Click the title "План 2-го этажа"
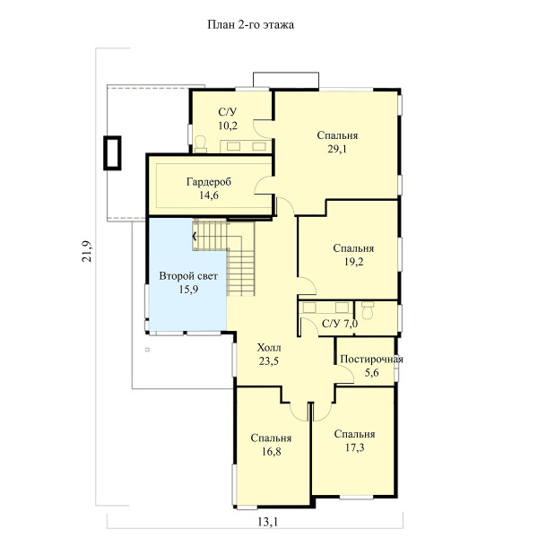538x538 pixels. click(x=250, y=25)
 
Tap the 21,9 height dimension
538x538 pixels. click(x=87, y=251)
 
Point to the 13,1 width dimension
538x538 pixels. click(x=268, y=522)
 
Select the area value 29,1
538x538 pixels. click(x=337, y=149)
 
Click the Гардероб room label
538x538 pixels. click(x=209, y=182)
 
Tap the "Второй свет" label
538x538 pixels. click(x=188, y=276)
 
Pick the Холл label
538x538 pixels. click(x=269, y=348)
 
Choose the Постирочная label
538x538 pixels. click(x=371, y=360)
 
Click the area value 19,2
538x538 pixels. click(x=354, y=262)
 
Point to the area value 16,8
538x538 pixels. click(x=271, y=452)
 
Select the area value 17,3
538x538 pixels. click(x=354, y=447)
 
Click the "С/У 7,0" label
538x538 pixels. click(x=340, y=323)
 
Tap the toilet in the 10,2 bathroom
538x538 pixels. click(x=200, y=144)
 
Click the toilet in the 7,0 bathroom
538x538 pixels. click(x=368, y=310)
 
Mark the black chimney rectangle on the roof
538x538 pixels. click(x=112, y=152)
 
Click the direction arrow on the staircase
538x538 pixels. click(x=195, y=237)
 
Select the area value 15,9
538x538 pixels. click(x=188, y=290)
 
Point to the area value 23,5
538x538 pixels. click(x=269, y=361)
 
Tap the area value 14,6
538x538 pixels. click(x=209, y=195)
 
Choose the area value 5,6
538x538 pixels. click(x=371, y=373)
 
